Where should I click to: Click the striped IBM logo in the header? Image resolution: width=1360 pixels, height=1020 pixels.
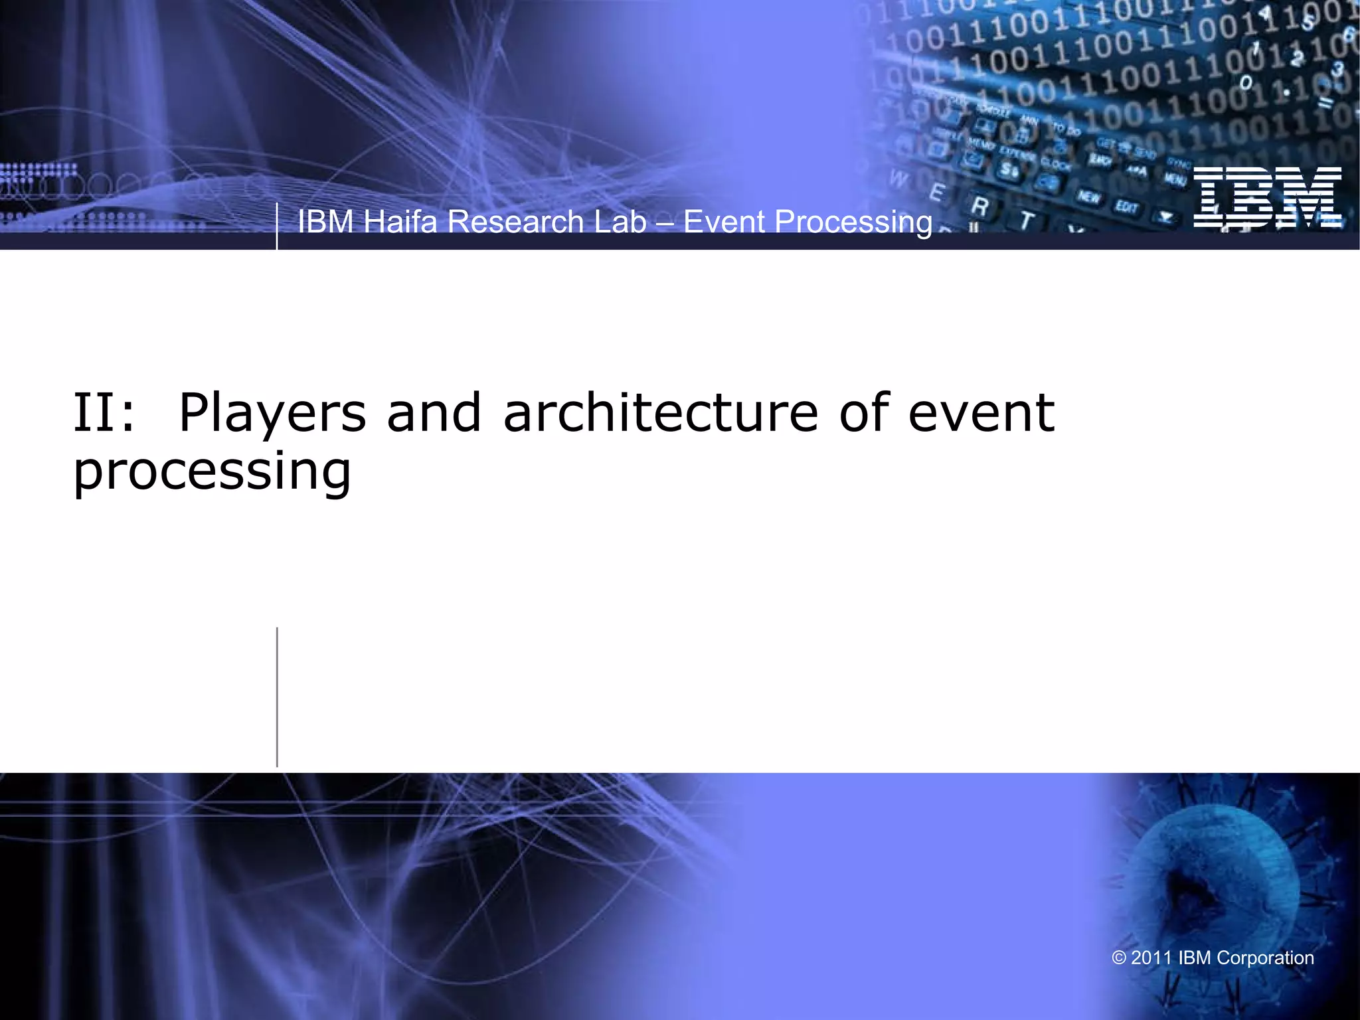point(1267,197)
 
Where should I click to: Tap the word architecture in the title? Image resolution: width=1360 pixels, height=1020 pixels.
point(660,413)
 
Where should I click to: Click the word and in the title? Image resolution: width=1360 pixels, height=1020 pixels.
point(434,413)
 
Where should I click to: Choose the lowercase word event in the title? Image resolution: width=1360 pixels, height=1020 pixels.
point(981,413)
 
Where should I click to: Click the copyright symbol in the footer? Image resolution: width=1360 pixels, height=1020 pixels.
point(1119,958)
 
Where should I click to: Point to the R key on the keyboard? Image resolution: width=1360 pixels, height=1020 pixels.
point(979,207)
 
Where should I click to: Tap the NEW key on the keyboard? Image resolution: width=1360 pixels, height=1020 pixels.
point(1088,197)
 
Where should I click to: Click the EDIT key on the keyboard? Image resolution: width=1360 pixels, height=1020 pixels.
point(1126,207)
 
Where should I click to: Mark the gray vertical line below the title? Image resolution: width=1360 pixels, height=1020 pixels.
point(277,697)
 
